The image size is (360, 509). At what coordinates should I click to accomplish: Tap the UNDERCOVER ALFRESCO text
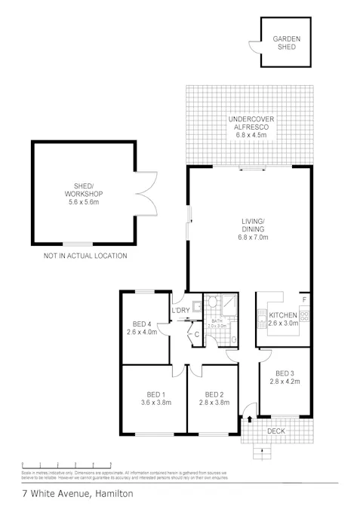[x=249, y=129]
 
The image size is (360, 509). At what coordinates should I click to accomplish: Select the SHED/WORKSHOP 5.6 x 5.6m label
[x=84, y=193]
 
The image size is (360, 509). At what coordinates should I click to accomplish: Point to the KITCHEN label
[x=284, y=314]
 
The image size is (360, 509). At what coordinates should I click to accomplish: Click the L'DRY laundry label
[x=180, y=311]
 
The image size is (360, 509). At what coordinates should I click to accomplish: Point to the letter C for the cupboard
[x=195, y=334]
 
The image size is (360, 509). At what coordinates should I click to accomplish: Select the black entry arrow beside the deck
[x=251, y=418]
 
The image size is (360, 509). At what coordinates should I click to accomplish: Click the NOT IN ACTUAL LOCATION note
[x=85, y=256]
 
